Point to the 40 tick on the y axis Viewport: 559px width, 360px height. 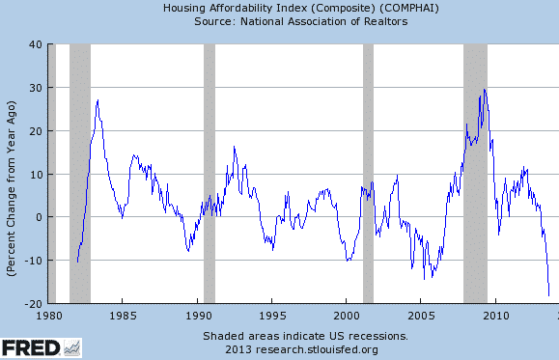click(x=34, y=44)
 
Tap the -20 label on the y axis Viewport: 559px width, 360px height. click(x=31, y=303)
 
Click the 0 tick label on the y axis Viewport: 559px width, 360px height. click(x=37, y=217)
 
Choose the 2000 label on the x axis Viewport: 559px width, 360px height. click(x=347, y=315)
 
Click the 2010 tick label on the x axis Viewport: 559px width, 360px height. click(x=496, y=315)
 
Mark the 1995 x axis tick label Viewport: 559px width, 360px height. click(x=272, y=315)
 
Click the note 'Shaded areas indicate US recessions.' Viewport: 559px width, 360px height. click(x=305, y=335)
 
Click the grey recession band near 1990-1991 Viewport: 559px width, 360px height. click(x=210, y=174)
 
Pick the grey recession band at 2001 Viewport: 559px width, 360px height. click(x=368, y=174)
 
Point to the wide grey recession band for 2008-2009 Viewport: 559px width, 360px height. click(x=475, y=174)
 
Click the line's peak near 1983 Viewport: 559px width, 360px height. click(x=98, y=99)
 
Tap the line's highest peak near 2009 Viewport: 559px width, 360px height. click(x=484, y=90)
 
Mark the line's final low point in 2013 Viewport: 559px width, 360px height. click(x=549, y=296)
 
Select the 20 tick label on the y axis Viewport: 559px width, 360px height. click(x=34, y=130)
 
